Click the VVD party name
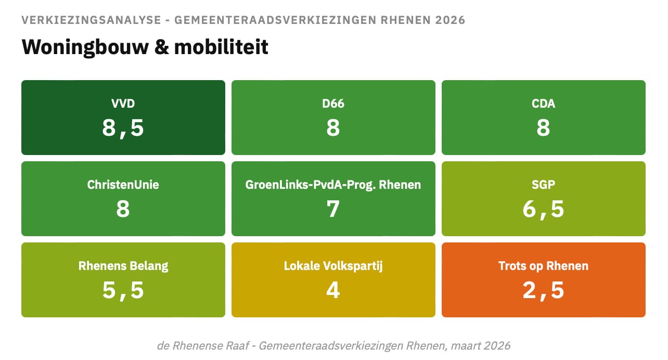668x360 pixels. coord(123,104)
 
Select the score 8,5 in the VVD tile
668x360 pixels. coord(123,127)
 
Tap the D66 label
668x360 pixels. coord(333,104)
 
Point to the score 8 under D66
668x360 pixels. coord(333,127)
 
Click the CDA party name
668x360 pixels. coord(543,104)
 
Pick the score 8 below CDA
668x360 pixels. coord(543,127)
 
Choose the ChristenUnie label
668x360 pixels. coord(123,185)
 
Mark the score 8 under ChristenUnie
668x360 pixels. coord(123,209)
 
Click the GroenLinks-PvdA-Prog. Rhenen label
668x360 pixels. coord(333,185)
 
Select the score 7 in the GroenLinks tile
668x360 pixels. coord(333,209)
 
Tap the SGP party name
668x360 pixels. coord(543,185)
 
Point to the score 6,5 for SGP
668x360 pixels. coord(543,209)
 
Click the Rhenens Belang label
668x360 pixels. coord(123,266)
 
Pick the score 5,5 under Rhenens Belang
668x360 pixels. coord(123,290)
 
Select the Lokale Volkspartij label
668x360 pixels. coord(333,266)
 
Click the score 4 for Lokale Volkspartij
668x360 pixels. coord(333,290)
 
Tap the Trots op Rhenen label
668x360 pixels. coord(543,266)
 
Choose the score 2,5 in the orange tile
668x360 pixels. coord(543,290)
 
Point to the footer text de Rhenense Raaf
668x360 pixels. coord(204,345)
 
